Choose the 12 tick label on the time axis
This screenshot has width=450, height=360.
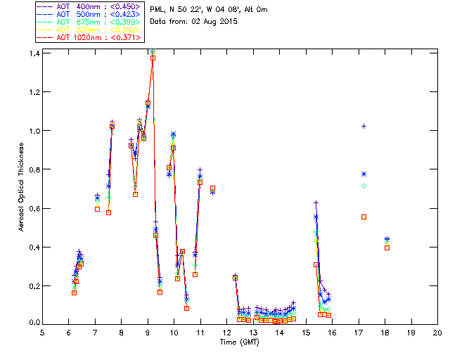tap(226, 333)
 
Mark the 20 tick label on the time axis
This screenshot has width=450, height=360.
tap(437, 333)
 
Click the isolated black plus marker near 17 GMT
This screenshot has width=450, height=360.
tap(364, 126)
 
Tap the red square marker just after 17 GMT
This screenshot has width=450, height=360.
tap(364, 217)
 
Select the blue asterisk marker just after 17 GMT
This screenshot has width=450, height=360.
tap(364, 174)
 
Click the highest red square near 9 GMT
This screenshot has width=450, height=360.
tap(153, 58)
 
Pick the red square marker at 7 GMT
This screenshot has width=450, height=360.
tap(97, 209)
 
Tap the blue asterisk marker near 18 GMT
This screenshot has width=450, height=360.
tap(387, 240)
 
